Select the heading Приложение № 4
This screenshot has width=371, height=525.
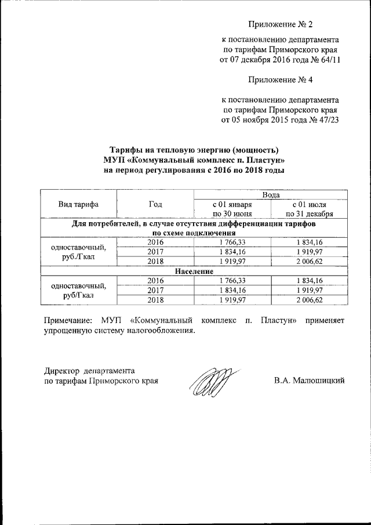(280, 79)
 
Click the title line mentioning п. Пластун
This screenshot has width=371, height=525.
(194, 160)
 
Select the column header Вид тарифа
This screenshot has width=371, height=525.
(78, 204)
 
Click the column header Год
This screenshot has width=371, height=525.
(155, 204)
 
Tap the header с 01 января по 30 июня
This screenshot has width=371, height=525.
(232, 209)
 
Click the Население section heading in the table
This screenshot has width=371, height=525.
(194, 271)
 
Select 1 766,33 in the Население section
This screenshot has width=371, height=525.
(232, 280)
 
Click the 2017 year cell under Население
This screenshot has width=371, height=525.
(155, 290)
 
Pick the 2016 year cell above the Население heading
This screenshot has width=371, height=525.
(155, 242)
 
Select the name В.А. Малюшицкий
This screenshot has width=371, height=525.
(309, 381)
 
